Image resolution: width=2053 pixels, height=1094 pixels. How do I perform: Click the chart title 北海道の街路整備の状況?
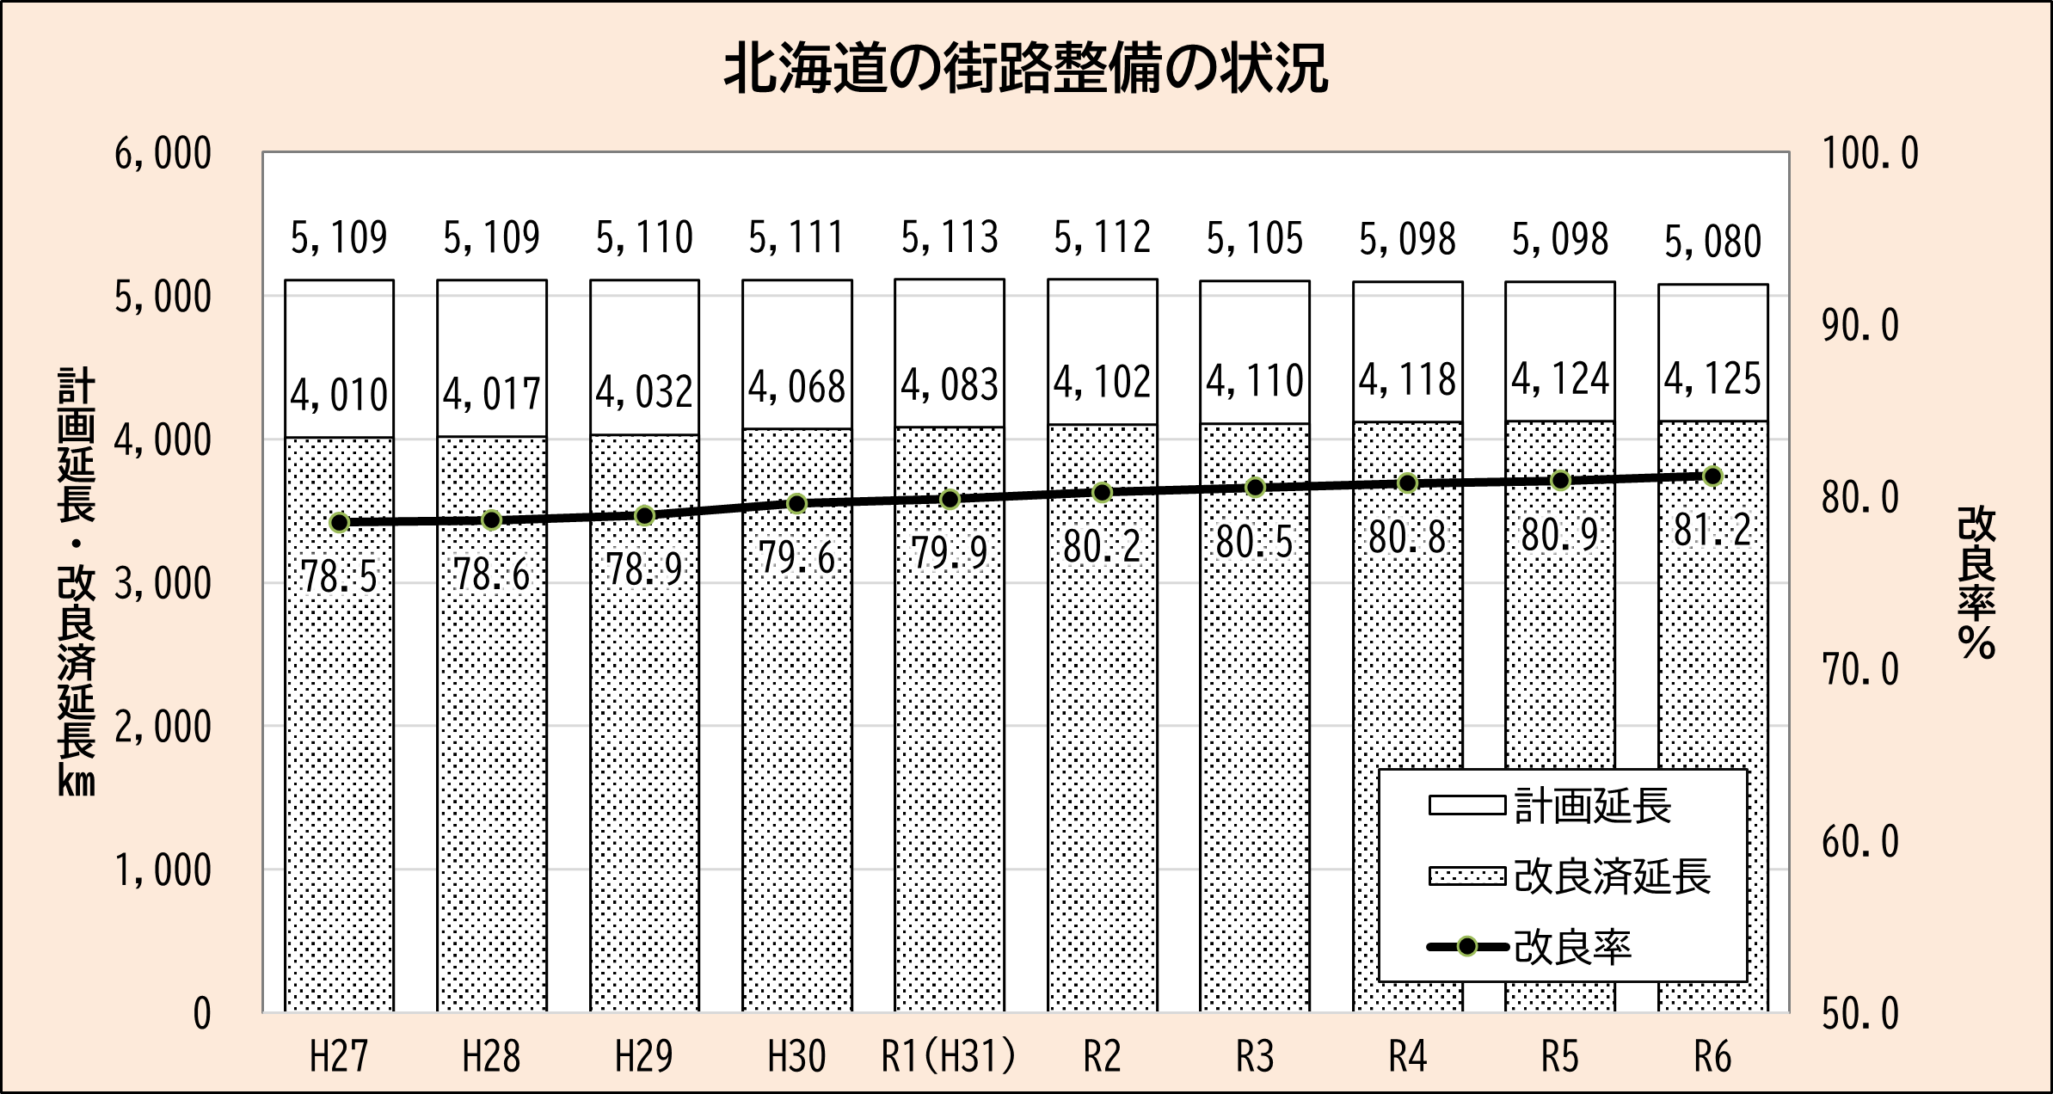click(1026, 69)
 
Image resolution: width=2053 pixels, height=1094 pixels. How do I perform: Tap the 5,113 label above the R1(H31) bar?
click(950, 237)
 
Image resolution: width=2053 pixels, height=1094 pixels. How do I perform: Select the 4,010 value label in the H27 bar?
click(339, 396)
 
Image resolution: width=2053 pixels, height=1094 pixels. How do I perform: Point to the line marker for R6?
click(1712, 476)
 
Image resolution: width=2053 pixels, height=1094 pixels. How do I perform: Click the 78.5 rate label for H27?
click(339, 576)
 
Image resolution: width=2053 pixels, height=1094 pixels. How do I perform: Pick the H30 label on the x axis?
click(796, 1056)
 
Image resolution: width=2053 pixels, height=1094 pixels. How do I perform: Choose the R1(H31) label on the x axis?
click(949, 1056)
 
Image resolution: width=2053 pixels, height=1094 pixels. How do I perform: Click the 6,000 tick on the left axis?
click(163, 155)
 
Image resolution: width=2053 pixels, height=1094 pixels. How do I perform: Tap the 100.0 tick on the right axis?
click(1870, 155)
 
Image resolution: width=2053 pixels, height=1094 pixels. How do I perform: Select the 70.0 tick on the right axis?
click(1859, 670)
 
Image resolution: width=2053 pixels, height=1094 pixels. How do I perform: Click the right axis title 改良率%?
click(1976, 583)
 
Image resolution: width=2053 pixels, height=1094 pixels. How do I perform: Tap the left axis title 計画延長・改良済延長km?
click(77, 582)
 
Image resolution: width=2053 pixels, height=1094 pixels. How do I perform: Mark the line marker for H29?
click(644, 516)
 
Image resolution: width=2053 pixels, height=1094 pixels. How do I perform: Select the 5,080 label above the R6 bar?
click(1712, 242)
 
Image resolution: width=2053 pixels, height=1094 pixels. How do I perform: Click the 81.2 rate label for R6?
click(1712, 531)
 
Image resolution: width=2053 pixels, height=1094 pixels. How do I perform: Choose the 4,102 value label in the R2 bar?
click(1102, 382)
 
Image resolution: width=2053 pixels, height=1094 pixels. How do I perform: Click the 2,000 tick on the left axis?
click(163, 728)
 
